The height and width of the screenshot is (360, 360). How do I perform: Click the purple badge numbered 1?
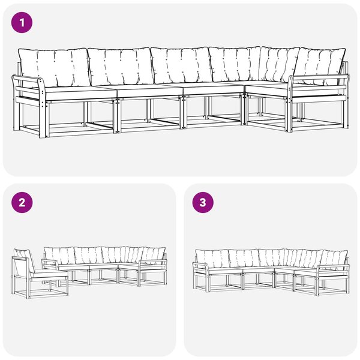[x=22, y=23]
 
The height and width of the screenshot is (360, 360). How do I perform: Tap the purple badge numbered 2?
[x=22, y=203]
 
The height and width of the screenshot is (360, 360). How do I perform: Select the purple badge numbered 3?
[x=203, y=203]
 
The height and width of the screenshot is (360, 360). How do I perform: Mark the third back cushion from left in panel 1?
[x=181, y=65]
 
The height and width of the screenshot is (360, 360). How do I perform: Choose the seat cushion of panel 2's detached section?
[x=49, y=274]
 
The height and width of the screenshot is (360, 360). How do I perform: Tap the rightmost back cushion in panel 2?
[x=154, y=256]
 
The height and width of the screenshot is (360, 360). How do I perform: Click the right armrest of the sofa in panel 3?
[x=333, y=266]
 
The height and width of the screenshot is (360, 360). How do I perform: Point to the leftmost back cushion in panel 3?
[x=212, y=258]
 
